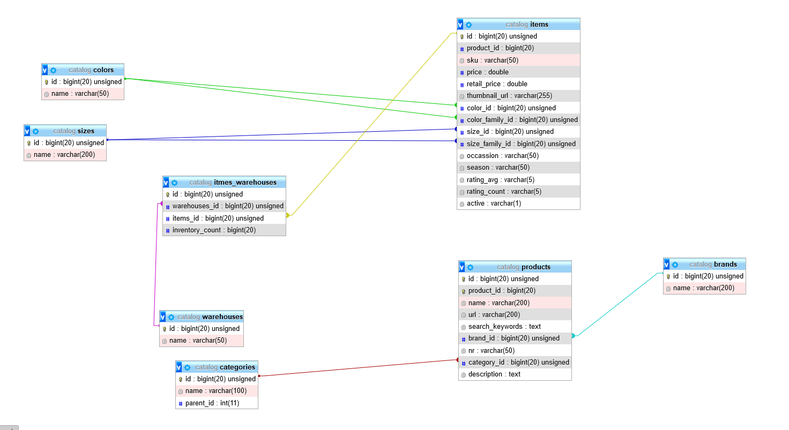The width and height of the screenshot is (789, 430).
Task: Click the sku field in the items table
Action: click(518, 60)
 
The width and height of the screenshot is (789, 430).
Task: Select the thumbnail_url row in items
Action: click(518, 96)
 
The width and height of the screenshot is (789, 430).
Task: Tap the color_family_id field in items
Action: click(518, 119)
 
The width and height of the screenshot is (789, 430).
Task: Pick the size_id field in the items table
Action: click(518, 132)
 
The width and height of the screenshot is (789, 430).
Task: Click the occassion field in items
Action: click(518, 155)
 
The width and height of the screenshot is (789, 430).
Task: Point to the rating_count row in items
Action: click(518, 191)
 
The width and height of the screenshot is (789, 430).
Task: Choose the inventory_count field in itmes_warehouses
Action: click(225, 230)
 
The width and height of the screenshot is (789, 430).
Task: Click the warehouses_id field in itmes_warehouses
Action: click(225, 206)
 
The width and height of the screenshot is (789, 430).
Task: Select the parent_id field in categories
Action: click(217, 403)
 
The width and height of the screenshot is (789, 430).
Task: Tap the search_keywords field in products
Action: click(515, 327)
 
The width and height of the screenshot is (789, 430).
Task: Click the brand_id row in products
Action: click(515, 338)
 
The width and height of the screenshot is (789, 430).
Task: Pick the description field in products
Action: click(515, 374)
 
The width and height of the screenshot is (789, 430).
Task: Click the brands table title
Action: click(713, 264)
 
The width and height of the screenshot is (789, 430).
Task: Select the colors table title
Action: click(91, 70)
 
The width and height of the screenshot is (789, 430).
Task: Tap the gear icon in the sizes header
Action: click(35, 131)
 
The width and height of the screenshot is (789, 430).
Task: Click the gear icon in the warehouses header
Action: click(171, 317)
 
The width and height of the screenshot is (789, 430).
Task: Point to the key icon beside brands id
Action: click(668, 276)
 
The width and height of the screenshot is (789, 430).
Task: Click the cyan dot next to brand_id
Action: click(573, 336)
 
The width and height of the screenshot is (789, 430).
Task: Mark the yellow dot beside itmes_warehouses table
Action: click(287, 215)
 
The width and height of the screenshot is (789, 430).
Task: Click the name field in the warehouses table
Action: click(202, 341)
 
